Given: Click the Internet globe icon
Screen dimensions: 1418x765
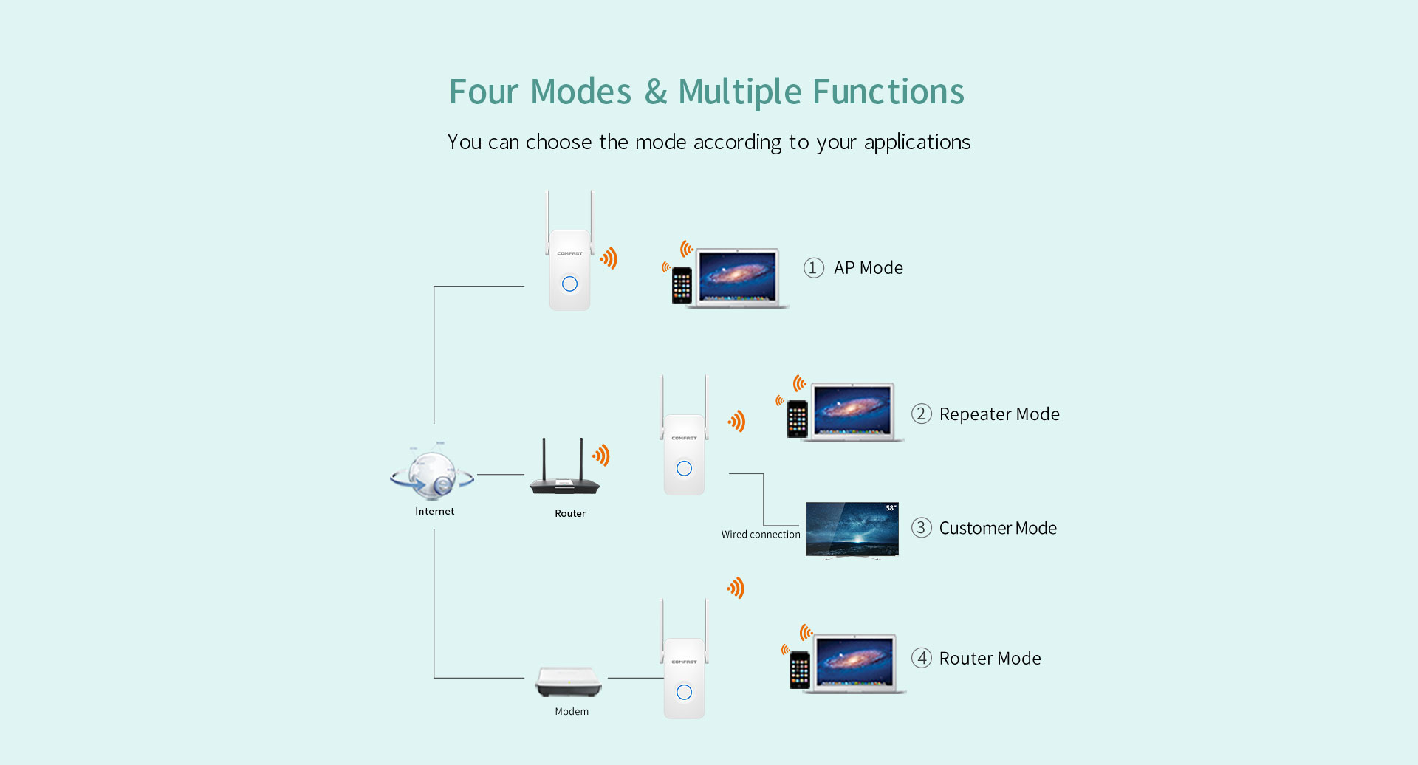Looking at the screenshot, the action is (x=433, y=472).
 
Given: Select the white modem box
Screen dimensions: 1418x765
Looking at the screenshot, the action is (x=569, y=682).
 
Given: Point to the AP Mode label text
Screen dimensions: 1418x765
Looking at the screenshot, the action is (x=868, y=268).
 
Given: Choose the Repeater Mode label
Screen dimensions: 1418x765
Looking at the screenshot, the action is (x=999, y=414).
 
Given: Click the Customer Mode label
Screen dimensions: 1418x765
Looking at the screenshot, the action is (x=998, y=528).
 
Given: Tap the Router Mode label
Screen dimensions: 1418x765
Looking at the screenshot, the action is (x=990, y=659).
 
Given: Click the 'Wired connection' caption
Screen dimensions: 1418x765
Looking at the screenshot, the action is (x=761, y=535).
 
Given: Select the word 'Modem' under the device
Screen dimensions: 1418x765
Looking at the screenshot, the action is (x=572, y=712).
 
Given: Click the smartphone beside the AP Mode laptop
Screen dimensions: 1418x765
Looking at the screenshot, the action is (x=682, y=285).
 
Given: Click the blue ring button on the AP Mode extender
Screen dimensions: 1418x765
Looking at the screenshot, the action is (x=569, y=284).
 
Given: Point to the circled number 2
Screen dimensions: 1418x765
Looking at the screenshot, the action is (x=921, y=414).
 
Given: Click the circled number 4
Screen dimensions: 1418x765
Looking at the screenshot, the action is (x=921, y=658).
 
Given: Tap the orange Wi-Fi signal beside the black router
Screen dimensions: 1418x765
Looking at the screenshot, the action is (x=602, y=455).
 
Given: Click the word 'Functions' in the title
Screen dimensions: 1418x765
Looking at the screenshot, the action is (x=888, y=92).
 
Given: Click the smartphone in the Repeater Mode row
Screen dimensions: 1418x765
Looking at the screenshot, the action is (x=798, y=419).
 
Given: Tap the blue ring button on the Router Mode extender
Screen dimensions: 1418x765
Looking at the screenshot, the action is (x=684, y=692).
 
